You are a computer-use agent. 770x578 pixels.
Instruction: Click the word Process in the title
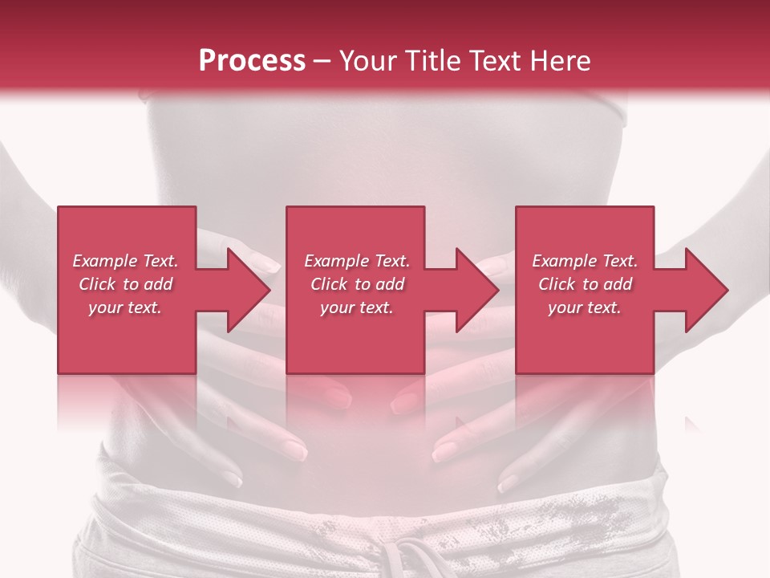click(x=252, y=60)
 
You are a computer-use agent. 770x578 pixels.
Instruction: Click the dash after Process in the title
click(x=323, y=62)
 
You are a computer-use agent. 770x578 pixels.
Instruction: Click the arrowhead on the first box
click(x=245, y=290)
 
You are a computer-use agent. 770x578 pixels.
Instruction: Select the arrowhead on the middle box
click(x=474, y=290)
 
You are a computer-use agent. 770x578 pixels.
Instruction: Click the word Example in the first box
click(x=105, y=261)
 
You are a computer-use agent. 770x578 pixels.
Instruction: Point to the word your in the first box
click(x=104, y=307)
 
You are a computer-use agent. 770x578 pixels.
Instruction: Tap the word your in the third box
click(x=565, y=307)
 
